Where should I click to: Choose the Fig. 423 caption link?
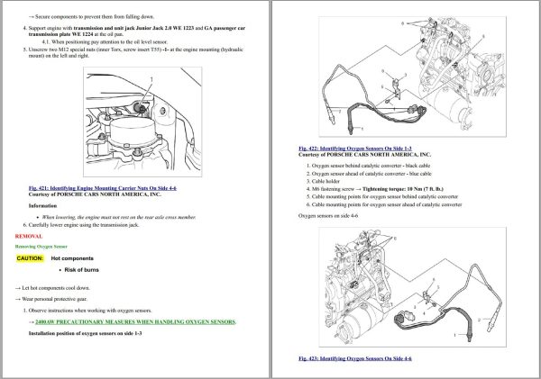pyautogui.click(x=355, y=358)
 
